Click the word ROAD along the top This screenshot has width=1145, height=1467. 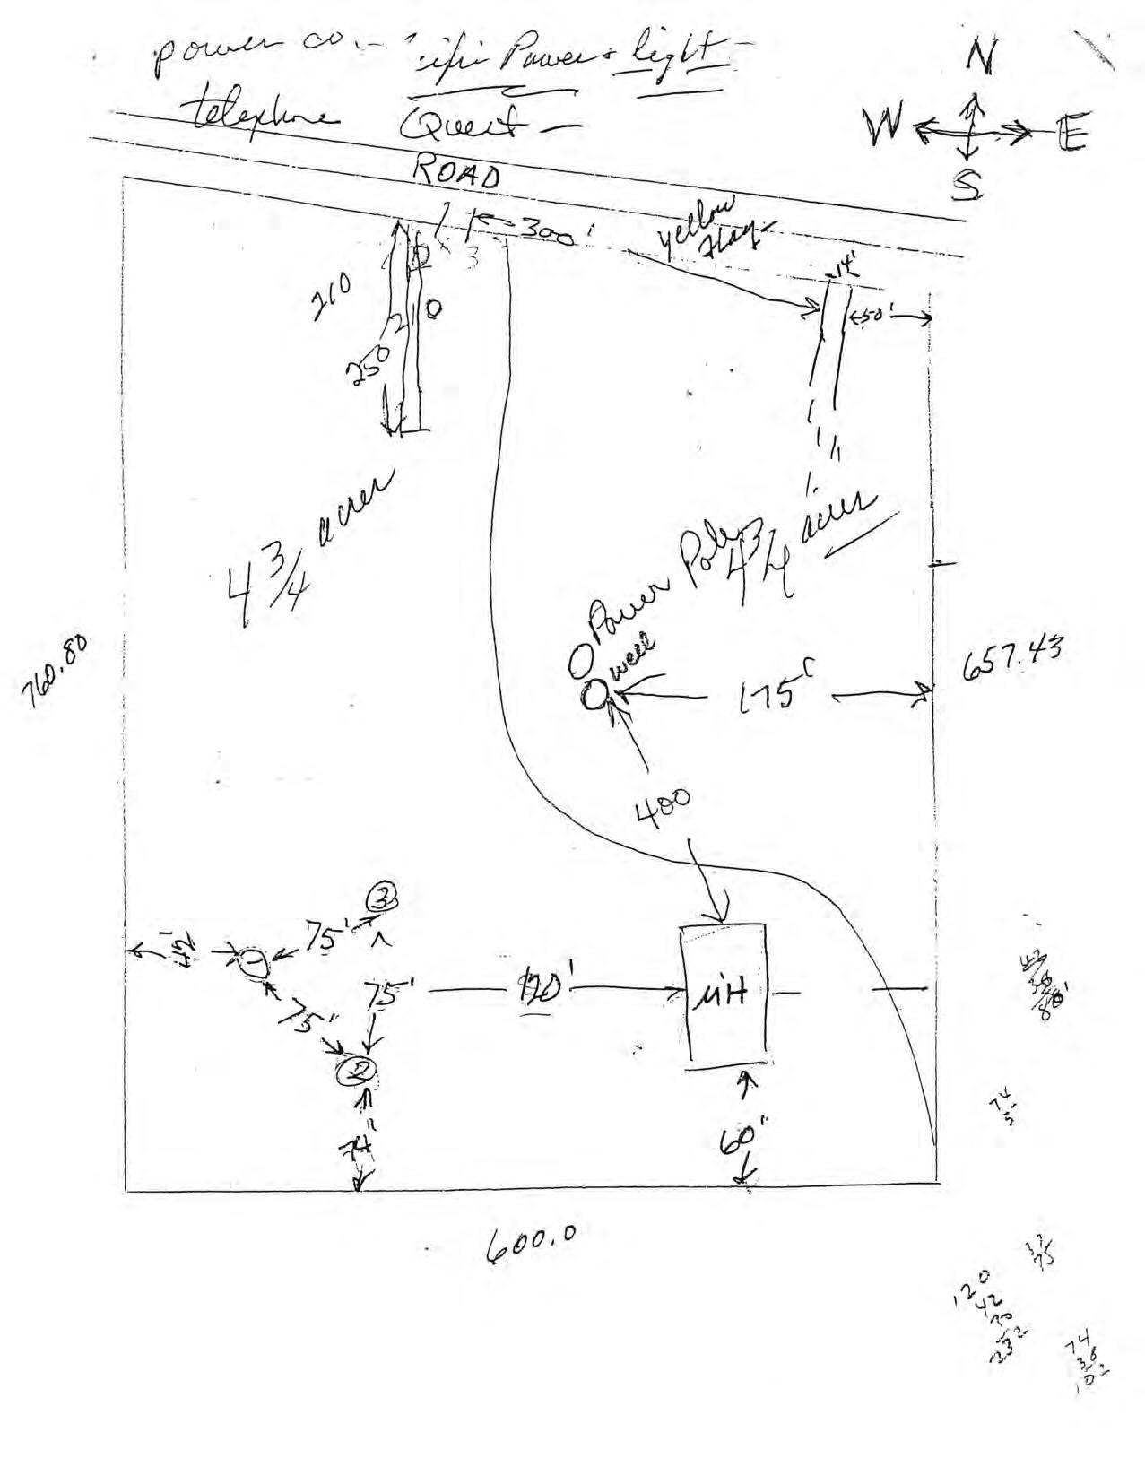455,172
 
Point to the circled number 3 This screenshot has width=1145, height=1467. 380,896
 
